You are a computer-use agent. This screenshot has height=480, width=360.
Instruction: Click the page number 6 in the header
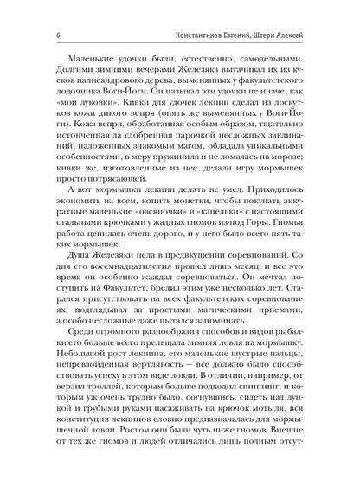(32, 11)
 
